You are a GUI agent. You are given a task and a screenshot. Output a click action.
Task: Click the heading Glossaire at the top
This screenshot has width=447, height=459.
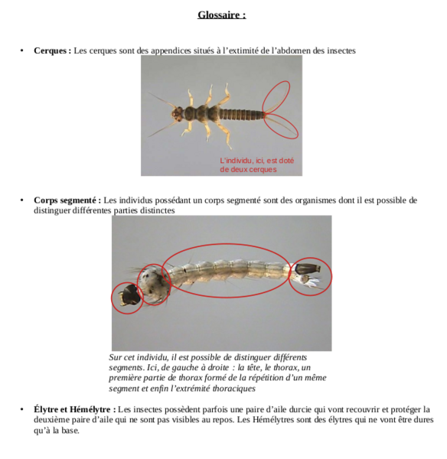[x=222, y=15]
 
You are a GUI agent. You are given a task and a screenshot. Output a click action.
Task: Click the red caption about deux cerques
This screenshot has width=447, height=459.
[x=256, y=165]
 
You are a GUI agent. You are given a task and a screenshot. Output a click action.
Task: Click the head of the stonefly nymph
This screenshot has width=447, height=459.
[x=177, y=113]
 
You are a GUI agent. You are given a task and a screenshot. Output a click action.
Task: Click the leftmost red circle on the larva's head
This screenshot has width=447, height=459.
[x=126, y=298]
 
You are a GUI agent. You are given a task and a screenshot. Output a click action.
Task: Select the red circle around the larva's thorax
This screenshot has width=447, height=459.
[x=155, y=285]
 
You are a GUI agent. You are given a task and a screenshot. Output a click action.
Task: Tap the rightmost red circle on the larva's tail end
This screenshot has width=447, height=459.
[x=310, y=276]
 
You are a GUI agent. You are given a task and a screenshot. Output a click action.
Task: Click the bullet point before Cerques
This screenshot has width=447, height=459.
[x=22, y=51]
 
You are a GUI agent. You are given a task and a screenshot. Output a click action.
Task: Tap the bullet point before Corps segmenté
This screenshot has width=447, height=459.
[x=22, y=201]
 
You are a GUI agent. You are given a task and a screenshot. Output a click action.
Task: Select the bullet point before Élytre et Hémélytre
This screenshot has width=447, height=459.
[x=22, y=410]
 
